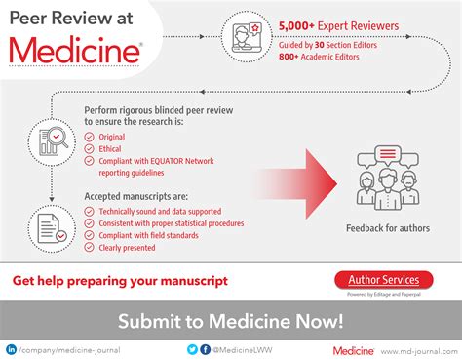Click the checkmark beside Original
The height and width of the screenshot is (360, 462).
click(91, 137)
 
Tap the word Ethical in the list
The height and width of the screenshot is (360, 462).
click(111, 149)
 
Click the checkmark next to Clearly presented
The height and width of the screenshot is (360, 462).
click(91, 247)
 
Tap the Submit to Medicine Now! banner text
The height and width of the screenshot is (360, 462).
click(231, 320)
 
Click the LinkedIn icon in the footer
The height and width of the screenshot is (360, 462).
click(12, 348)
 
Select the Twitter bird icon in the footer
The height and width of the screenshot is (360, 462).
click(193, 348)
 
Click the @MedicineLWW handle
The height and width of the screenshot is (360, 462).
click(238, 348)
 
